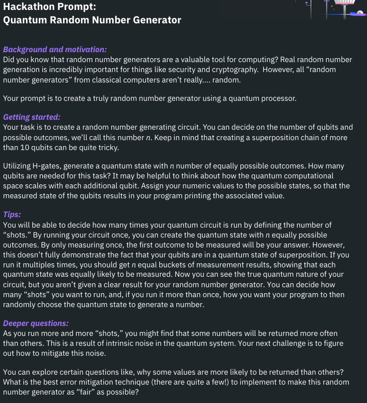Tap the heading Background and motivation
tap(55, 50)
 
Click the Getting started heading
tap(32, 117)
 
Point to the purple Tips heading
tap(12, 215)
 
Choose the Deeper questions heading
tap(36, 323)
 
